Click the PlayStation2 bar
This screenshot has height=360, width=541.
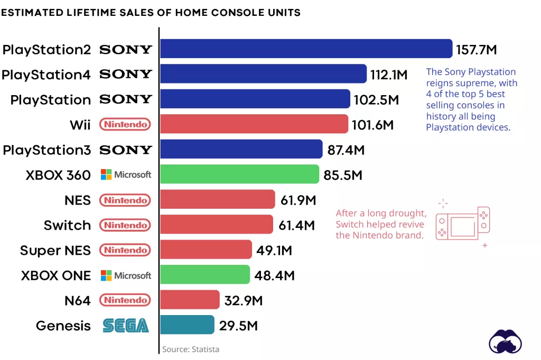pyautogui.click(x=306, y=49)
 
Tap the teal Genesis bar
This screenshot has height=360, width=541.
pyautogui.click(x=187, y=325)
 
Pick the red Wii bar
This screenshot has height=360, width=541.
pyautogui.click(x=254, y=124)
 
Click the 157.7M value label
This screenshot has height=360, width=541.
pyautogui.click(x=477, y=50)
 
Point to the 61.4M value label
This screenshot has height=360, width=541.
pyautogui.click(x=296, y=226)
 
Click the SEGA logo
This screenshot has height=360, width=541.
pyautogui.click(x=126, y=326)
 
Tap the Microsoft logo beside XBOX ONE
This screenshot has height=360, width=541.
pyautogui.click(x=126, y=275)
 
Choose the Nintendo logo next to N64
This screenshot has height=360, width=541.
pyautogui.click(x=126, y=300)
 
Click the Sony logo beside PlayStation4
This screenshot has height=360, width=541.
pyautogui.click(x=126, y=74)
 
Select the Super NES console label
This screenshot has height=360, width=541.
pyautogui.click(x=55, y=250)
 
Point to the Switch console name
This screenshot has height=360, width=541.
pyautogui.click(x=67, y=225)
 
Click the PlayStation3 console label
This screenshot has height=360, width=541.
pyautogui.click(x=46, y=150)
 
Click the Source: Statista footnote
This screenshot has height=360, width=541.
pyautogui.click(x=191, y=349)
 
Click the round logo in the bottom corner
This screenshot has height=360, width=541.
pyautogui.click(x=505, y=342)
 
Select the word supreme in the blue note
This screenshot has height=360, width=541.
pyautogui.click(x=468, y=83)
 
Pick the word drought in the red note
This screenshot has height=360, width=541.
pyautogui.click(x=408, y=214)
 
